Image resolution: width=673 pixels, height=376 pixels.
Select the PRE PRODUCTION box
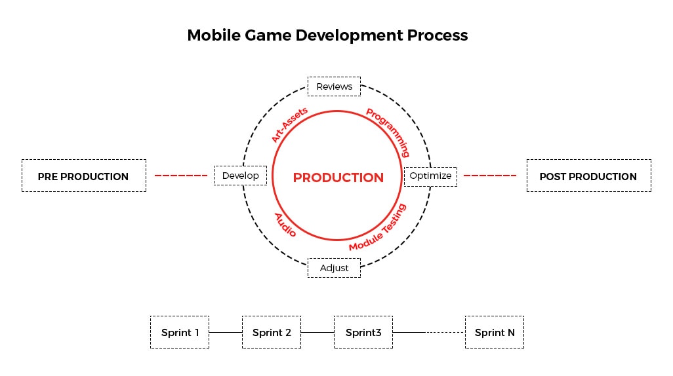(84, 176)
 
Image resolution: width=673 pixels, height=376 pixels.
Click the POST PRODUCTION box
(588, 176)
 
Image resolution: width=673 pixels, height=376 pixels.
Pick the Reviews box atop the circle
(335, 86)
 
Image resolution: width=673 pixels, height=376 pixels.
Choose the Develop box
(240, 176)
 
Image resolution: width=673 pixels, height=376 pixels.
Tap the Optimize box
(430, 176)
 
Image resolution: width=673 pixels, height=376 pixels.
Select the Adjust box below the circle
(334, 267)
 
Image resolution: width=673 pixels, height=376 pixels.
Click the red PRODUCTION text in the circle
(338, 178)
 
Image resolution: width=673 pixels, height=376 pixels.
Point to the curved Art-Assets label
(289, 125)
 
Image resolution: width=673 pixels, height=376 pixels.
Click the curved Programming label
(388, 132)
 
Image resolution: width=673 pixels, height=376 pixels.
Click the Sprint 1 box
(180, 332)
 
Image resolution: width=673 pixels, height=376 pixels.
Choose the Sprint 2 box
(272, 332)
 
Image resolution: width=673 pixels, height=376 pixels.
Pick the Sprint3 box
(363, 332)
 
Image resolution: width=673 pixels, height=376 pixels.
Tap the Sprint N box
(495, 332)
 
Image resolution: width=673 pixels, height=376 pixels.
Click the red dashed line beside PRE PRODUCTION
(181, 176)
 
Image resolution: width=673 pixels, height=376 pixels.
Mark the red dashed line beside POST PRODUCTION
(490, 176)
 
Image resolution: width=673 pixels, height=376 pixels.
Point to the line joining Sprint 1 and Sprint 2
(226, 332)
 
